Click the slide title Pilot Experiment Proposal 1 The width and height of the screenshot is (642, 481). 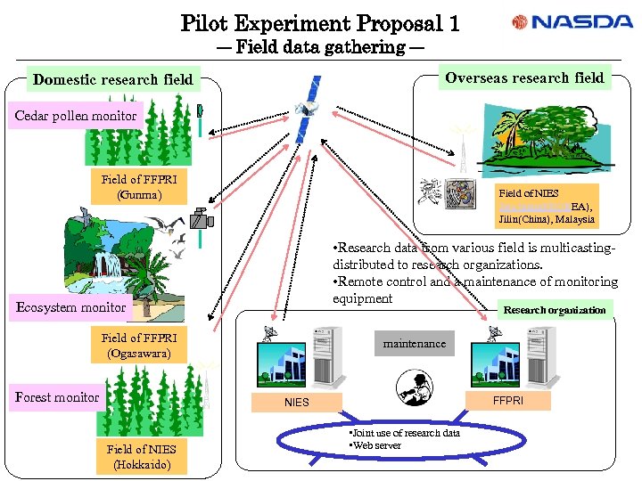tap(320, 22)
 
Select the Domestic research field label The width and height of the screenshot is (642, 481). tap(112, 80)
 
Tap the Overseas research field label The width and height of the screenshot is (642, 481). tap(523, 78)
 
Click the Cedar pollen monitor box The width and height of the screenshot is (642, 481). tap(76, 116)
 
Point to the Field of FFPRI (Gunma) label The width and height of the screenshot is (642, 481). tap(139, 187)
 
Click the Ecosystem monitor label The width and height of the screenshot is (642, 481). tap(71, 308)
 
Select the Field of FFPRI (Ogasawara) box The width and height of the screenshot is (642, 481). tap(139, 346)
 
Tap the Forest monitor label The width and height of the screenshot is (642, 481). tap(57, 397)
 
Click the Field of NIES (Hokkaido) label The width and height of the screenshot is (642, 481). tap(139, 457)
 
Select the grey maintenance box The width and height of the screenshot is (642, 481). tap(415, 343)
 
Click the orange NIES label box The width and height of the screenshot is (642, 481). tap(297, 403)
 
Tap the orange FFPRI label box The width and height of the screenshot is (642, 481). tap(508, 401)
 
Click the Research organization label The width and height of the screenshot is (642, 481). tap(554, 311)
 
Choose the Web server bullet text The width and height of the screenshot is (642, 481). tap(376, 445)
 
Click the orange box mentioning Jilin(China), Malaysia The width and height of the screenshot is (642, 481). tap(547, 205)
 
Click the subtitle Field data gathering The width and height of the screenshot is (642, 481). tap(320, 48)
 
